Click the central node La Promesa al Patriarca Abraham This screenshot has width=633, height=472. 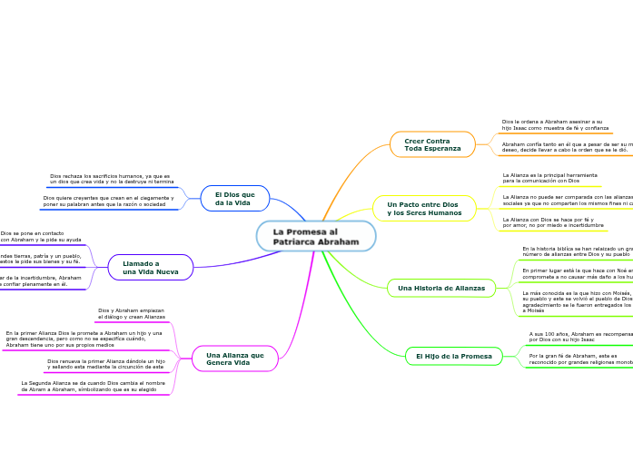(x=316, y=237)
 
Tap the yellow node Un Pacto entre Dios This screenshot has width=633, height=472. (x=424, y=209)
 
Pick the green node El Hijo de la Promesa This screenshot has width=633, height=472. (x=454, y=356)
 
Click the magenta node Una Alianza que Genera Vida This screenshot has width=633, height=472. (x=235, y=359)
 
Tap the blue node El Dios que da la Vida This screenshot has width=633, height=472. (x=234, y=199)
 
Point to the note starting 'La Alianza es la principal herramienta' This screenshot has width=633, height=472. (x=549, y=178)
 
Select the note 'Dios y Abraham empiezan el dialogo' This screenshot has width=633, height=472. (x=132, y=314)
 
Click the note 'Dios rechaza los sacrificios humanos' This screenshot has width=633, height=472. (x=112, y=179)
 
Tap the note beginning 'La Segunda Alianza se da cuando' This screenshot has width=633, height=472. (x=94, y=386)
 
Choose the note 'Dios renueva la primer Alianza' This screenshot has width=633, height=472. (x=106, y=364)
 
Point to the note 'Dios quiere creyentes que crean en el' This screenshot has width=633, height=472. (x=109, y=201)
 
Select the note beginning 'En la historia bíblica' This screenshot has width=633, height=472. (x=577, y=251)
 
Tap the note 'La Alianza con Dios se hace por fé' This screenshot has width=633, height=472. (x=553, y=222)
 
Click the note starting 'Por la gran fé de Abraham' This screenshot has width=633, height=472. (x=580, y=359)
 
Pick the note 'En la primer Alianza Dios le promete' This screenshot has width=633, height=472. (x=84, y=339)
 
